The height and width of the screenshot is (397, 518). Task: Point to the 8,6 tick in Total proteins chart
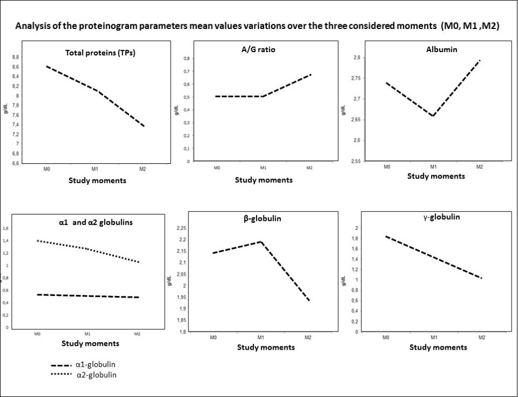[16, 67]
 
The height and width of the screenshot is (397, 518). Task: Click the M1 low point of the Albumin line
[433, 116]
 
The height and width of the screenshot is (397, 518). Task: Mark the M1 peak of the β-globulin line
[261, 241]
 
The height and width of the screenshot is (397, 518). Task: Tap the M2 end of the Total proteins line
[144, 126]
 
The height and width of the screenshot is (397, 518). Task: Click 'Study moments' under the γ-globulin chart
[438, 347]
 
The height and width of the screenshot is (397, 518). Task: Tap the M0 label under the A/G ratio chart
[217, 168]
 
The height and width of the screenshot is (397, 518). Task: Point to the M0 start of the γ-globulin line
[385, 236]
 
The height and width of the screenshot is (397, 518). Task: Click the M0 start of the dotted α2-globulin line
[38, 241]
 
